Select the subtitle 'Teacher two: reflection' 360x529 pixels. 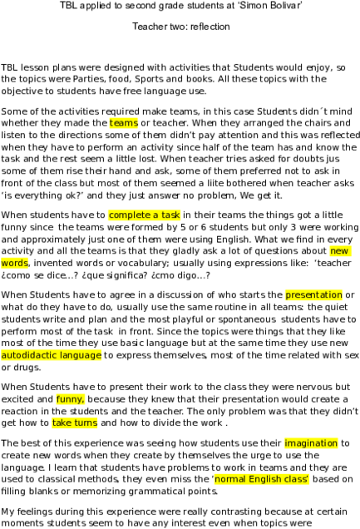tap(181, 27)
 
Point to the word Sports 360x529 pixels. tap(150, 79)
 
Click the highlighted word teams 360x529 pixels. tap(124, 123)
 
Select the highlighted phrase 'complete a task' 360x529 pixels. tap(145, 215)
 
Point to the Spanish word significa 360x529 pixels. tap(125, 275)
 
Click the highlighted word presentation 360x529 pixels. tap(313, 295)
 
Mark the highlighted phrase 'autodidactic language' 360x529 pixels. tap(52, 355)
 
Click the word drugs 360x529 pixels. tap(27, 368)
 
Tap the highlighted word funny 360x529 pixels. tap(71, 399)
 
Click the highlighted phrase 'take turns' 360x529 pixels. tap(75, 423)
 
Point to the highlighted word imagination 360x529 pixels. tap(311, 443)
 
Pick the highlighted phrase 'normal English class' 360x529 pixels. tap(261, 479)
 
